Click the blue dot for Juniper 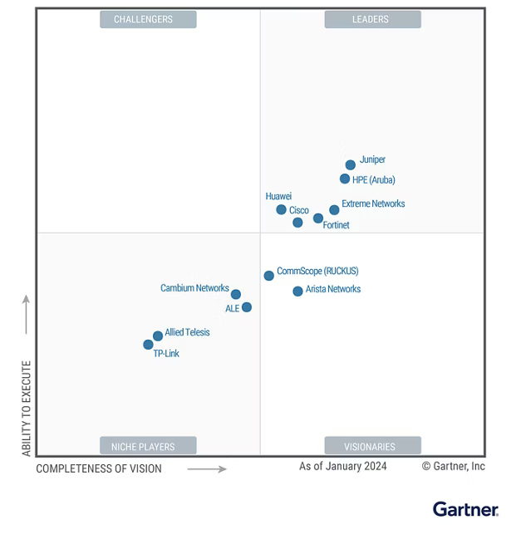351,164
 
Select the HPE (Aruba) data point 345,179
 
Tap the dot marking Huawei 281,209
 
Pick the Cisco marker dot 297,222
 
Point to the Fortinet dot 318,218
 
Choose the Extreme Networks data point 334,210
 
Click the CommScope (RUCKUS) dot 268,276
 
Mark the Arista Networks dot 297,291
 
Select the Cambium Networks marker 236,294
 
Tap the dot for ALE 247,307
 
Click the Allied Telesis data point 158,336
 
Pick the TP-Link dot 148,344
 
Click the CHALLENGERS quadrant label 148,19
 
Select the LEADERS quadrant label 372,19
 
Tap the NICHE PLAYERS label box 148,446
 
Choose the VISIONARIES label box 372,446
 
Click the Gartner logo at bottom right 465,509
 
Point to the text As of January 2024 342,466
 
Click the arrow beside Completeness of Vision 207,469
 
